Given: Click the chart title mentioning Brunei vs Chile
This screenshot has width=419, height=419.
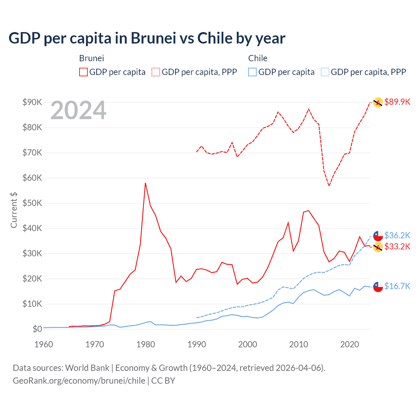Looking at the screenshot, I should (147, 38).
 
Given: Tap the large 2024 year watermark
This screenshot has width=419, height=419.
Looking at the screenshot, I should (78, 111).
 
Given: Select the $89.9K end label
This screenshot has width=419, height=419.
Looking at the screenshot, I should (397, 102).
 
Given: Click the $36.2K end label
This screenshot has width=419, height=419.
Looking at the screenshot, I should (397, 235).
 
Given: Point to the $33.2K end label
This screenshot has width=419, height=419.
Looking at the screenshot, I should (397, 246).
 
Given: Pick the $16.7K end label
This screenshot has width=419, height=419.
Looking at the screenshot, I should (397, 286).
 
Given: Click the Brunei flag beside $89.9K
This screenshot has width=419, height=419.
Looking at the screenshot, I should (378, 102).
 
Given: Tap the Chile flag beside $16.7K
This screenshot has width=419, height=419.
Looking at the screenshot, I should (378, 287).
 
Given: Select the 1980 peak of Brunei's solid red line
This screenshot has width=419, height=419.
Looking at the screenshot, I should (145, 183).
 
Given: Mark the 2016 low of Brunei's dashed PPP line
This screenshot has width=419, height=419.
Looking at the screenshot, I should (329, 186).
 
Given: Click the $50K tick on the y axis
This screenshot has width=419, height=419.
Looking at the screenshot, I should (32, 203).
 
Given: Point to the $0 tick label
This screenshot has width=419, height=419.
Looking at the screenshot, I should (37, 329).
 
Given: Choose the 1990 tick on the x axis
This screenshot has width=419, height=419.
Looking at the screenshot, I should (197, 344).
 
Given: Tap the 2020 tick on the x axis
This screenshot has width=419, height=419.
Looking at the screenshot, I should (350, 344).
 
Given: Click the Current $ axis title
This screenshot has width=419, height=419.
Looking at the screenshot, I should (14, 210).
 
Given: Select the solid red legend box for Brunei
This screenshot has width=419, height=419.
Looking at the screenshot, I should (83, 72).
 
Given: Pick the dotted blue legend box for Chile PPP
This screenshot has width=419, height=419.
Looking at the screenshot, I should (325, 72).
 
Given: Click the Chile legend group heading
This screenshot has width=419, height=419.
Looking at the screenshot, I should (258, 58).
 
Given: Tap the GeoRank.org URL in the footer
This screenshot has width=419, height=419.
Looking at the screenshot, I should (79, 381).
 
